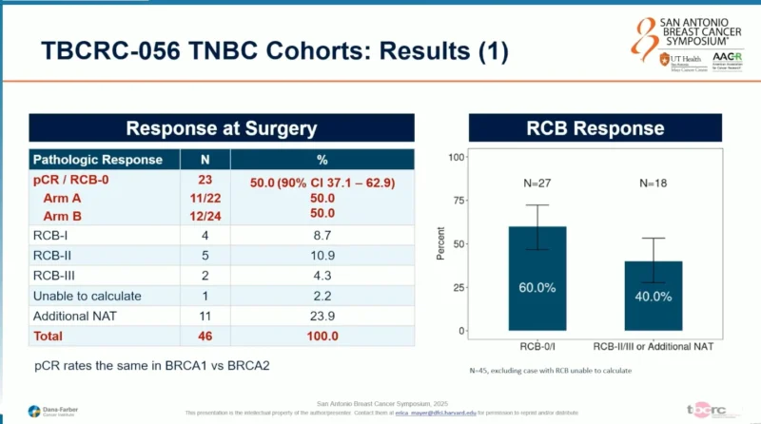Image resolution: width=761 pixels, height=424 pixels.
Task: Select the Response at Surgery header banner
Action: [222, 128]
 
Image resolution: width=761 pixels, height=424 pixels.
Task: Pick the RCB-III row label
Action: [56, 276]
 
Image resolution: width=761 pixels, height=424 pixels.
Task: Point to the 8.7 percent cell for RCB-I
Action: [322, 236]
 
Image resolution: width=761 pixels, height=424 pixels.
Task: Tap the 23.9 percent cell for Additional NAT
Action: [322, 316]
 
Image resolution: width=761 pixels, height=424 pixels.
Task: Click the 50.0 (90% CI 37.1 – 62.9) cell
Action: [322, 181]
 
